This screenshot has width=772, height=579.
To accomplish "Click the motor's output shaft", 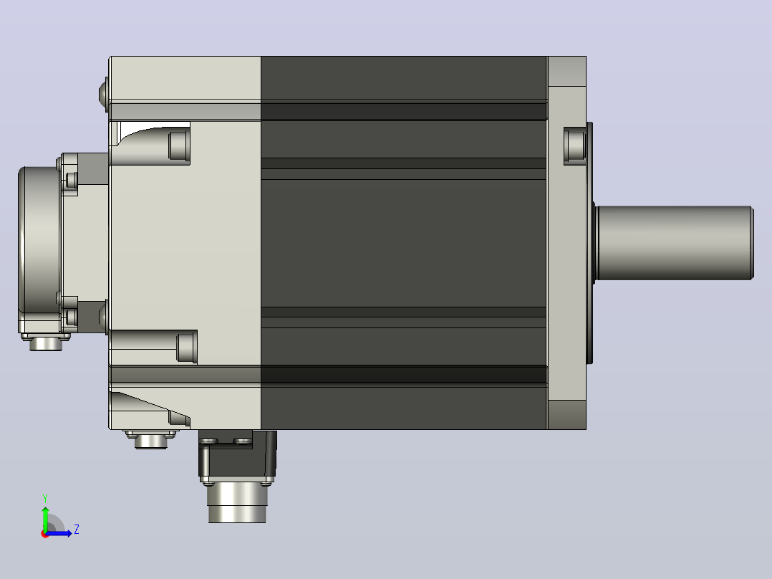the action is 675,243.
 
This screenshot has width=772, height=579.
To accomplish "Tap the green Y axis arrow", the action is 45,518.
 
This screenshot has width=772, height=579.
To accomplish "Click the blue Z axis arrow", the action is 59,533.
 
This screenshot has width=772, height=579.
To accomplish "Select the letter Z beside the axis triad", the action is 77,530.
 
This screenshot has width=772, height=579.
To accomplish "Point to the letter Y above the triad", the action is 45,499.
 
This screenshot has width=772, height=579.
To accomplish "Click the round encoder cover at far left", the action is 39,250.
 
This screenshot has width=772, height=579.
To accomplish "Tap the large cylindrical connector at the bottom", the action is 237,502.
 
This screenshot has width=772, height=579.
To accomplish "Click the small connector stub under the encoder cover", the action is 46,342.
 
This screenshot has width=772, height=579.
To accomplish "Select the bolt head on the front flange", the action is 574,145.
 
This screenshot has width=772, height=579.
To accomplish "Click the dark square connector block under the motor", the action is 238,455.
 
